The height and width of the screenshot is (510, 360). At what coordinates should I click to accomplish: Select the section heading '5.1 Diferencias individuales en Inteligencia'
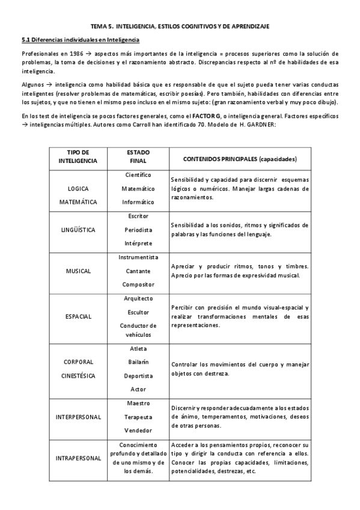[81, 40]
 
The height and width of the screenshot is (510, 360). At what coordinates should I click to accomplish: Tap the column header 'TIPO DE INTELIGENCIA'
[78, 157]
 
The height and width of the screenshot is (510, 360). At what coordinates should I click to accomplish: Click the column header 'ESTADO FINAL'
[138, 157]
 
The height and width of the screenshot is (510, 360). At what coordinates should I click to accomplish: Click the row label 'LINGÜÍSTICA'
[78, 230]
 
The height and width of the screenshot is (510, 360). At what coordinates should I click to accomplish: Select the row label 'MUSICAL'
[78, 271]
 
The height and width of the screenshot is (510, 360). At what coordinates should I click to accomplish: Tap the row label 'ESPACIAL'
[78, 316]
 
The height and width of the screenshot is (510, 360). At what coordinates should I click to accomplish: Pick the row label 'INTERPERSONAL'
[78, 417]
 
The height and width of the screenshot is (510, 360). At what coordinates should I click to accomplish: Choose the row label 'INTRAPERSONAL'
[78, 458]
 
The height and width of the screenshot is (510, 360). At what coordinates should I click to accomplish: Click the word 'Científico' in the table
[138, 175]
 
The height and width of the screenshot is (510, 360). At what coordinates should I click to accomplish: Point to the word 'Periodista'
[138, 230]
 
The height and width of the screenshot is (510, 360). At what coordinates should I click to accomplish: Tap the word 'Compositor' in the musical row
[138, 284]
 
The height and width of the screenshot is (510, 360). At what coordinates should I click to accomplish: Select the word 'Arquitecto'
[138, 298]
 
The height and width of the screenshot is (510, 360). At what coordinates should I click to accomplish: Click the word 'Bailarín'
[138, 362]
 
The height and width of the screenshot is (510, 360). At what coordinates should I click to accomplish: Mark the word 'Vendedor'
[138, 431]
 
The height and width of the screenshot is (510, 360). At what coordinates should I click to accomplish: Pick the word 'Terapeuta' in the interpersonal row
[138, 417]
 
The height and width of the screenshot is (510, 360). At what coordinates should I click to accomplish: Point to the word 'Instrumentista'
[138, 257]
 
